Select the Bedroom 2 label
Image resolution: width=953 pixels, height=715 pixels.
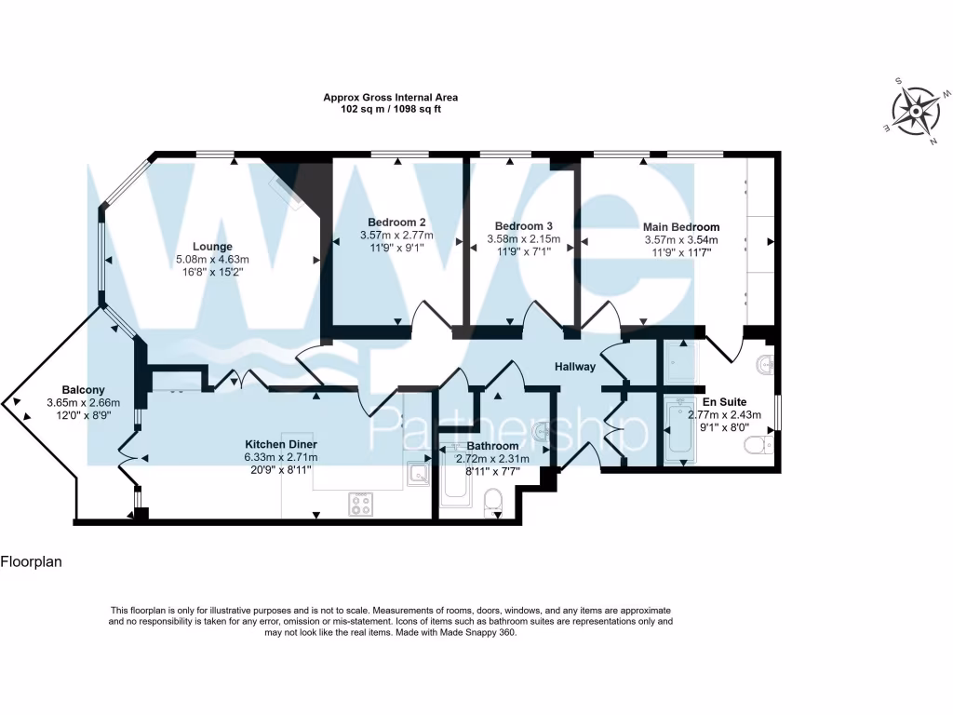pos(396,223)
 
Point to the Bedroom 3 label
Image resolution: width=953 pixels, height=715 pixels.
pos(523,226)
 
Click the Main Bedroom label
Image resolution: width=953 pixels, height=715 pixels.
pos(681,227)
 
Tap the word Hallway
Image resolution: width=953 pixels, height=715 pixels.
pos(575,367)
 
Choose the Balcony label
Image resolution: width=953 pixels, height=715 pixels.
pos(84,389)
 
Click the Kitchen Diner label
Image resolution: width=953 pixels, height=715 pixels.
pos(281,444)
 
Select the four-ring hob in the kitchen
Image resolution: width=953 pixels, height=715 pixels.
pos(360,504)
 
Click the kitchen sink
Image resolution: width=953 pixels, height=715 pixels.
pos(416,475)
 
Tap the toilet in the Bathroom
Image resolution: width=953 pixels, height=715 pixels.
pos(493,504)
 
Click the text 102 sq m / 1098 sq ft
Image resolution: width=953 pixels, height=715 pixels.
pos(390,109)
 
